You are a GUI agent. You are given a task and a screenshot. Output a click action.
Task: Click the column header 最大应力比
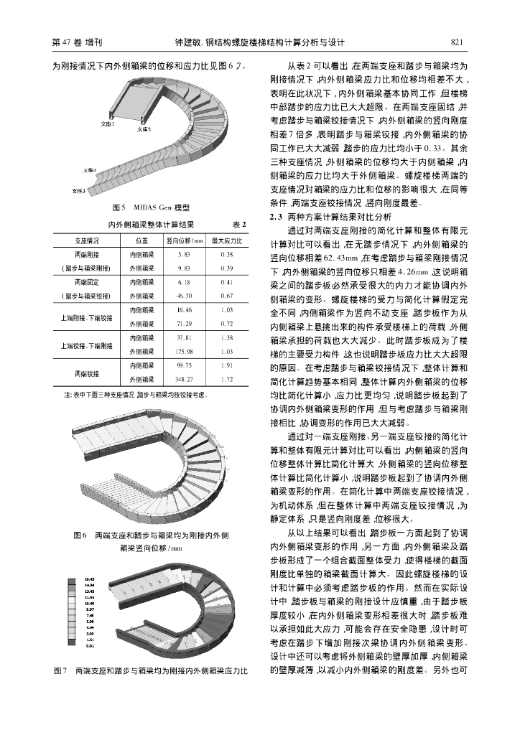[227, 240]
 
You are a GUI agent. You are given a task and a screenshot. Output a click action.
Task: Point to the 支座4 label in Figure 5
[90, 171]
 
